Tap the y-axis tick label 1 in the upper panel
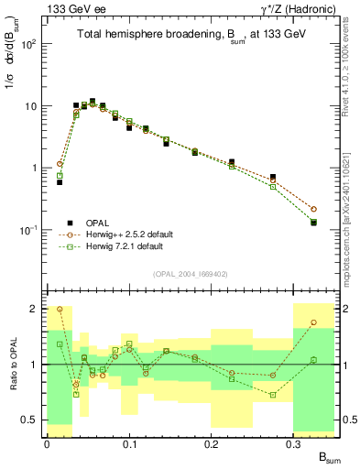click(x=34, y=168)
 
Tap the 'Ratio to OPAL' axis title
click(x=12, y=364)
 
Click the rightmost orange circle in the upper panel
click(x=313, y=209)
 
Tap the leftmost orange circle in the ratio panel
click(x=60, y=309)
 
